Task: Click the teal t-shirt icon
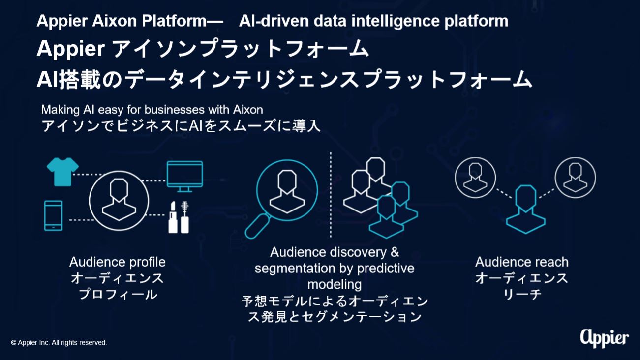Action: [x=62, y=172]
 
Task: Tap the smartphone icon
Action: [x=54, y=215]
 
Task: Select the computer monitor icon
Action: [x=185, y=176]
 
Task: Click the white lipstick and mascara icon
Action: [x=179, y=217]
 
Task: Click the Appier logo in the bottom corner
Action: [x=604, y=338]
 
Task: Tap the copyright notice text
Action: [x=59, y=343]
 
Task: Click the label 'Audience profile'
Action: [x=118, y=262]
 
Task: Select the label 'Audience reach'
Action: [x=522, y=262]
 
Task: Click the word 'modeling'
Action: [x=335, y=285]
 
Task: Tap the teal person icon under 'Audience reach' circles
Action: [x=526, y=210]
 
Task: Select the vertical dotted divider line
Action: [x=331, y=195]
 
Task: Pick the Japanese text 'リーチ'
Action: [x=522, y=294]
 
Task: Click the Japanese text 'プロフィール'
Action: [x=118, y=294]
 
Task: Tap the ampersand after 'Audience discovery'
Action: [x=395, y=252]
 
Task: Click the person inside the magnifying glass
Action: [x=287, y=191]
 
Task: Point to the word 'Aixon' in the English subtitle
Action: [x=248, y=110]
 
